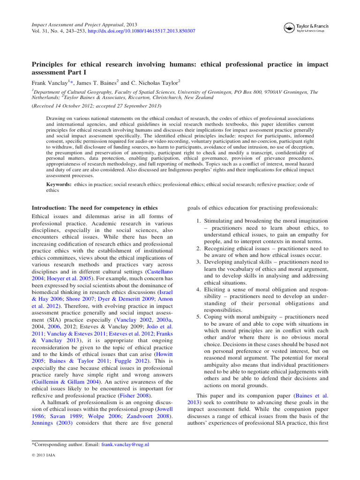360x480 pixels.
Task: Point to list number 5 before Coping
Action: (194, 317)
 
